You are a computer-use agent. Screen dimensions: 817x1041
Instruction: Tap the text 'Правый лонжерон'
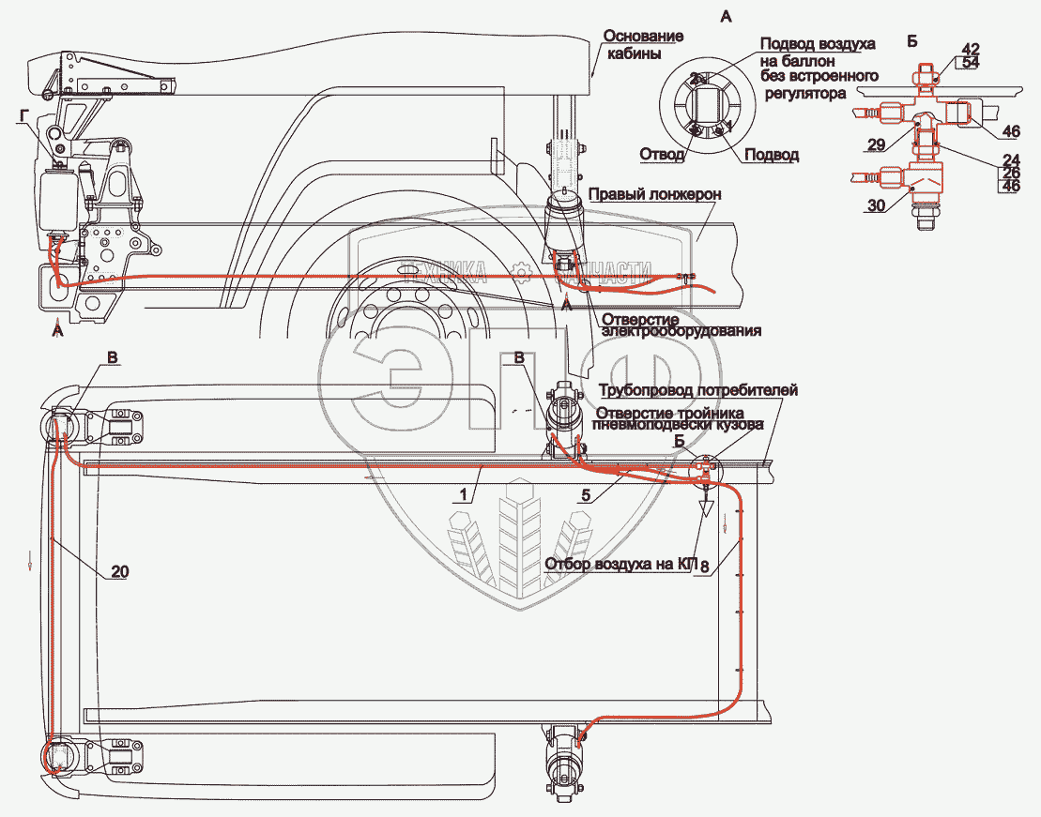(653, 194)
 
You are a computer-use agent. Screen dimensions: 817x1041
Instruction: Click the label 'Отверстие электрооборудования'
(681, 324)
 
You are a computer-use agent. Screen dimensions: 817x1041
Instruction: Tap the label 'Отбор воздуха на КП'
(620, 565)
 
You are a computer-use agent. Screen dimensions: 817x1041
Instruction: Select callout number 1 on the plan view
(466, 492)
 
